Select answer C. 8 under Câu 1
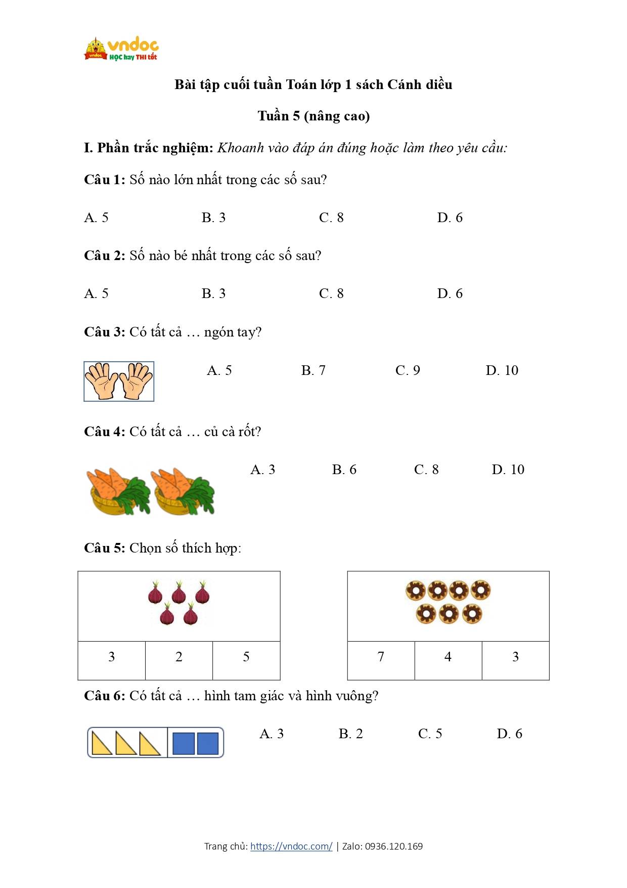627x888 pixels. pyautogui.click(x=331, y=218)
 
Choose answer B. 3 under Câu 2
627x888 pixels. pyautogui.click(x=213, y=293)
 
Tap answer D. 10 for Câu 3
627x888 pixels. pyautogui.click(x=502, y=370)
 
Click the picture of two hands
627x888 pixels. pyautogui.click(x=119, y=382)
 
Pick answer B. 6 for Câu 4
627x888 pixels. pyautogui.click(x=344, y=470)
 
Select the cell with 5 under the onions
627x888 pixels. pyautogui.click(x=246, y=657)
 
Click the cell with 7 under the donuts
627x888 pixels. pyautogui.click(x=381, y=657)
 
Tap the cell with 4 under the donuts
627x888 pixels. pyautogui.click(x=448, y=657)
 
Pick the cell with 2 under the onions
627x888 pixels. pyautogui.click(x=179, y=657)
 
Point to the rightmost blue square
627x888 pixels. pyautogui.click(x=208, y=743)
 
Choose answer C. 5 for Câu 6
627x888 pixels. pyautogui.click(x=430, y=734)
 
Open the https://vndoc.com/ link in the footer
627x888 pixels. pyautogui.click(x=291, y=846)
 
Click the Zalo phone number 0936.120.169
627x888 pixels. pyautogui.click(x=393, y=846)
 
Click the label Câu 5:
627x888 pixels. pyautogui.click(x=104, y=548)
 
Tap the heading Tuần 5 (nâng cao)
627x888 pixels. pyautogui.click(x=313, y=116)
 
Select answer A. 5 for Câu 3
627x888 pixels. pyautogui.click(x=219, y=370)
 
